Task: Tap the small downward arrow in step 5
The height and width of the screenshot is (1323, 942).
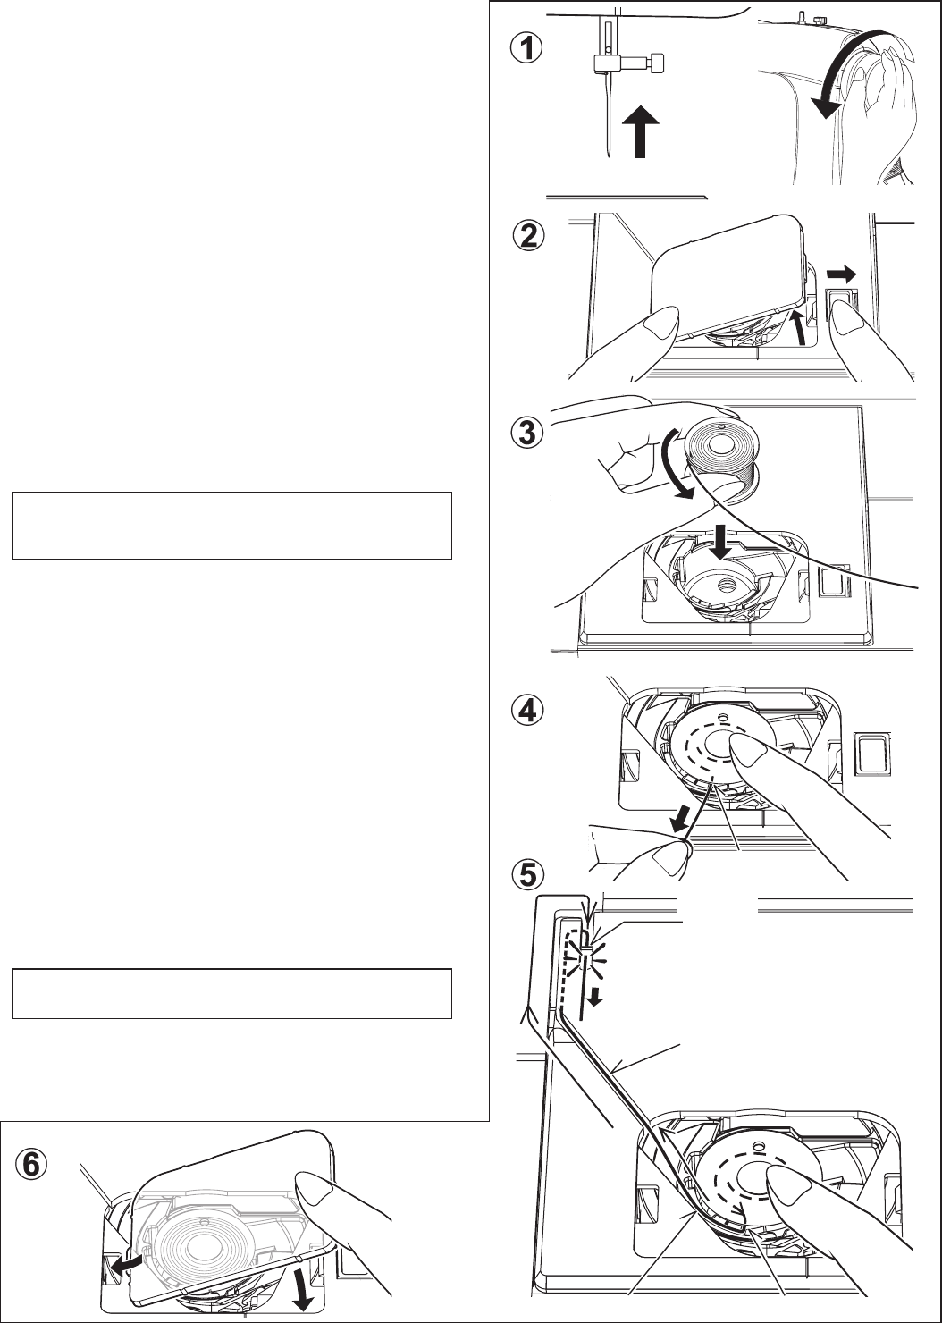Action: click(x=593, y=995)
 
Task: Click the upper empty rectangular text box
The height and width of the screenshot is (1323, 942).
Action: click(x=231, y=525)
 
